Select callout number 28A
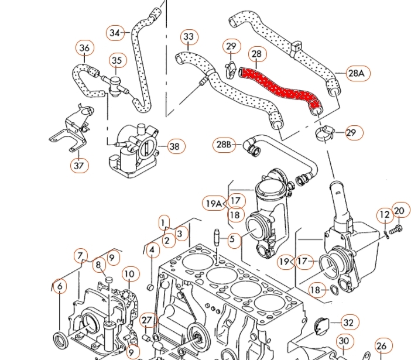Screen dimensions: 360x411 click(x=357, y=73)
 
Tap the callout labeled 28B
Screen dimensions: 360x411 click(x=224, y=144)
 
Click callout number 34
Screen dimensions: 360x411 click(x=115, y=33)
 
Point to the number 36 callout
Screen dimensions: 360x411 click(x=85, y=48)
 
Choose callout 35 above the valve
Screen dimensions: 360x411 click(x=117, y=60)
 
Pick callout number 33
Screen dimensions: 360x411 click(x=188, y=37)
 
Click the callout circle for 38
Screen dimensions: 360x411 click(x=174, y=146)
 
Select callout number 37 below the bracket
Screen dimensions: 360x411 click(x=80, y=166)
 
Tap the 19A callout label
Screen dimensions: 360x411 click(x=214, y=204)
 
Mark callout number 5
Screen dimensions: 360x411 click(x=232, y=239)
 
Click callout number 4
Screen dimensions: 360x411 click(x=152, y=251)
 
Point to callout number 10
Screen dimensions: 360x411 click(x=129, y=273)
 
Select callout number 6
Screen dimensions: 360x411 click(x=59, y=287)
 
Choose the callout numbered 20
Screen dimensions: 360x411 click(x=399, y=211)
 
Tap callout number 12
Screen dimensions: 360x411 click(x=384, y=215)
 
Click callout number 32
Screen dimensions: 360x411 click(x=348, y=322)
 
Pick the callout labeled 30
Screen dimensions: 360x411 click(x=344, y=341)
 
